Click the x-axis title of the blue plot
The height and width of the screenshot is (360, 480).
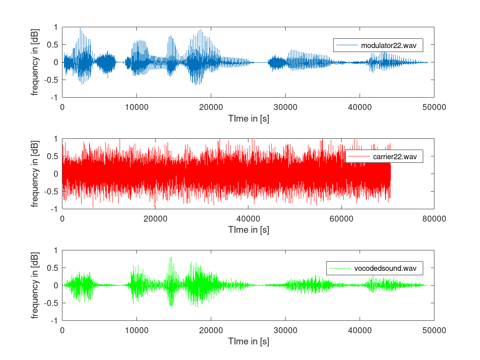tap(248, 118)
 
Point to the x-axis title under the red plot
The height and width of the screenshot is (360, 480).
tap(248, 230)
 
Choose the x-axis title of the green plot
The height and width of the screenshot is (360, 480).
tap(248, 342)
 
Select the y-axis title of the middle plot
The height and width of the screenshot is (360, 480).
tap(36, 174)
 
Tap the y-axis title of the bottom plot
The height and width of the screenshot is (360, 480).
tap(36, 286)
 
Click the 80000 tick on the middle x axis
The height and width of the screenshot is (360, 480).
tap(434, 219)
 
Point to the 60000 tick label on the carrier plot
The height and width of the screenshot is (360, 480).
tap(341, 219)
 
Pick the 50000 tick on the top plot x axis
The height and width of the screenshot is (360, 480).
tap(434, 107)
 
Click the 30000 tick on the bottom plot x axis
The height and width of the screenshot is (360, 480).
tap(285, 330)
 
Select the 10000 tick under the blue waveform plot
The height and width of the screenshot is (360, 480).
tap(136, 107)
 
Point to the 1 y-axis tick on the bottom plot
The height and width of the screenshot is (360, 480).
tap(56, 250)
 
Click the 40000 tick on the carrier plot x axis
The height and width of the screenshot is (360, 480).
tap(248, 219)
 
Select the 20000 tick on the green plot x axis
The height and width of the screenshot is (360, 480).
tap(211, 330)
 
